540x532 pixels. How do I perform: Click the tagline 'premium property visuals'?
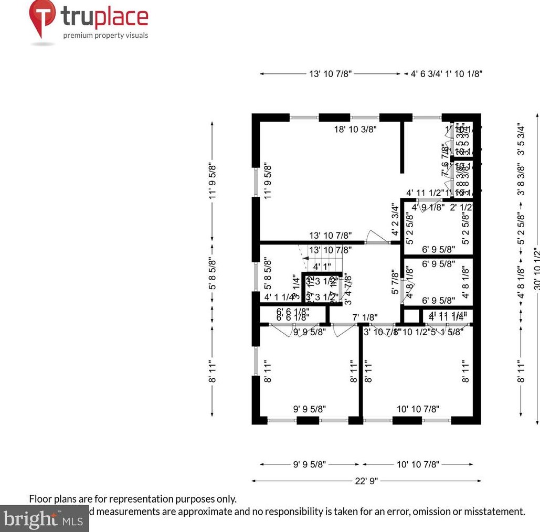[105, 36]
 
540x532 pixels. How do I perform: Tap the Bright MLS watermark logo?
[42, 519]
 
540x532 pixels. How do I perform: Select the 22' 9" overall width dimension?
[366, 481]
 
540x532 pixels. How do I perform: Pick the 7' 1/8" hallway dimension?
[365, 317]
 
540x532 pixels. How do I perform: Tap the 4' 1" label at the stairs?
[322, 266]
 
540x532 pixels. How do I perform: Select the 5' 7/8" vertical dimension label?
[395, 282]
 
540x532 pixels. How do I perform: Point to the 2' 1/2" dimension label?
[461, 207]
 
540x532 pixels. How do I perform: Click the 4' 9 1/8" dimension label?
[428, 207]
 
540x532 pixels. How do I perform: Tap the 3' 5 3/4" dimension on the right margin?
[521, 140]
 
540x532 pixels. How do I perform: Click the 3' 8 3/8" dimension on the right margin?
[521, 180]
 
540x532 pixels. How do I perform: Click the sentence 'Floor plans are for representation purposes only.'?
[133, 499]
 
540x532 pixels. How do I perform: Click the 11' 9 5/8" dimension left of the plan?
[213, 181]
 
